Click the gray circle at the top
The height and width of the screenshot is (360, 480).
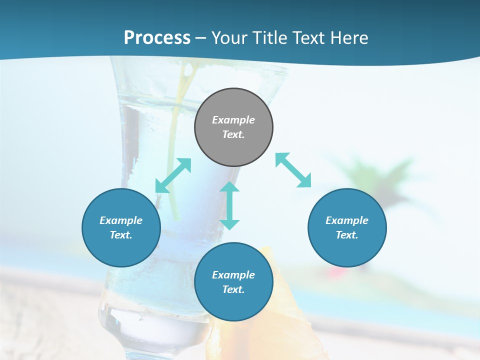coord(233,127)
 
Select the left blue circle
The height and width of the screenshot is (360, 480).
coord(121,227)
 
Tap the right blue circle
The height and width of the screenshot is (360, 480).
coord(347,227)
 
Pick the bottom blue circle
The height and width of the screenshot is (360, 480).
coord(233,282)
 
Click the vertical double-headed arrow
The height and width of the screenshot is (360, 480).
coord(229,205)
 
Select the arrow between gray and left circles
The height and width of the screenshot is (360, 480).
coord(173,175)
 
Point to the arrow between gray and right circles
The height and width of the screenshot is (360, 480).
coord(293,170)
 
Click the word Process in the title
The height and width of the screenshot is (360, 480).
coord(157,38)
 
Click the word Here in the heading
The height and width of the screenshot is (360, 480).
coord(349,38)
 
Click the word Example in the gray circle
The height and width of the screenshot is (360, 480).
coord(233,120)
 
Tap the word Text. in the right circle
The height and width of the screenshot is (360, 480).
coord(347,235)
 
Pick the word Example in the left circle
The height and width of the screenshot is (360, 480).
coord(121,220)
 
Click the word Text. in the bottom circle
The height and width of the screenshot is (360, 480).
coord(233,289)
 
